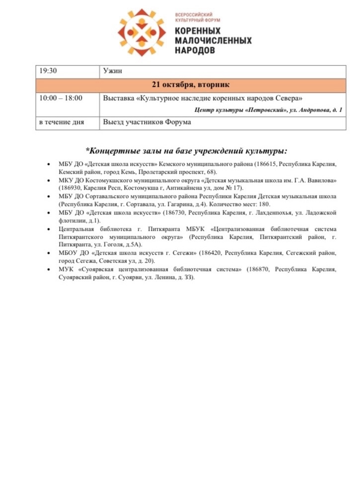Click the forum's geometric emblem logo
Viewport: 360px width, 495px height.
(x=143, y=33)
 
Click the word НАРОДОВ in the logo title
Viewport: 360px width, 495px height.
(x=195, y=50)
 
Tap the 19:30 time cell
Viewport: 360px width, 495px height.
(x=48, y=71)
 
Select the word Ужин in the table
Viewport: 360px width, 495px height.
(x=112, y=71)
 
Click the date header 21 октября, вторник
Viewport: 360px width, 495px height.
(x=190, y=84)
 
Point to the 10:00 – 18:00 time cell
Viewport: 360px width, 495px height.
(x=61, y=98)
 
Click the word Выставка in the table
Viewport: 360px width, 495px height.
(x=119, y=98)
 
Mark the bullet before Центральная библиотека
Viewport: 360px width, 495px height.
(x=47, y=229)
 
